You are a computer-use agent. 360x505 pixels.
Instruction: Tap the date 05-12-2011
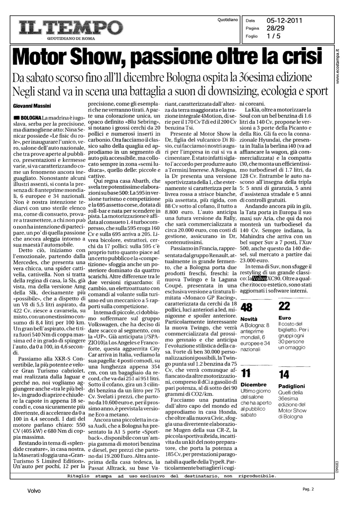pos(284,21)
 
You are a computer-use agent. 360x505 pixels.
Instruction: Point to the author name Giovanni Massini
pos(32,106)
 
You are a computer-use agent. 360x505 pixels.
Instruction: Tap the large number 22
pos(284,306)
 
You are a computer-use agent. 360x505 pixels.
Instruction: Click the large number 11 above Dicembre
pos(246,373)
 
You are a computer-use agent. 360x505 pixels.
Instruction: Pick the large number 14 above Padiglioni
pos(284,374)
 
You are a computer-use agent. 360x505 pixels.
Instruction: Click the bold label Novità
pos(249,319)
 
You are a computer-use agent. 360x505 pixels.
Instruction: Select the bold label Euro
pos(285,317)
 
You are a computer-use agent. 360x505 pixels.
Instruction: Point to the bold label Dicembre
pos(254,384)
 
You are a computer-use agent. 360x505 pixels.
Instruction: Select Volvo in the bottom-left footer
pos(34,491)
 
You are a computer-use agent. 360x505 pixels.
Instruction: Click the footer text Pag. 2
pos(308,489)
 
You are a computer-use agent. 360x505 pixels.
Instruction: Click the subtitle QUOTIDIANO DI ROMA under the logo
pos(71,38)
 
